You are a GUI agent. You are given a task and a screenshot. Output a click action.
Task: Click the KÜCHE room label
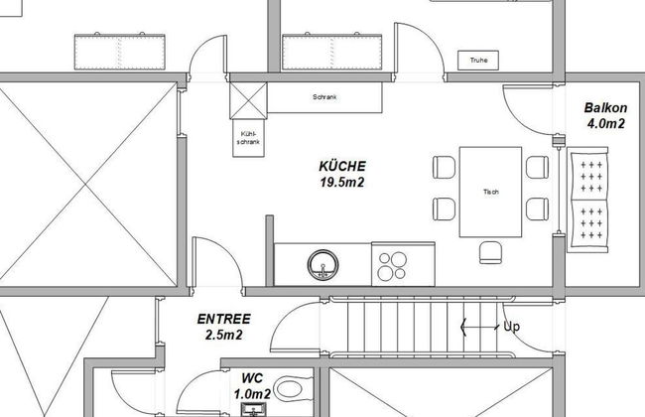342,166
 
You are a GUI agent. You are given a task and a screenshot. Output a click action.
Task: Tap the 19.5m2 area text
342,182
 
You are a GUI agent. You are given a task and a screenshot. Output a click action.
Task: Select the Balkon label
605,108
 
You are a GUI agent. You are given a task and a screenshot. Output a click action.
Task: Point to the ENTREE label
224,319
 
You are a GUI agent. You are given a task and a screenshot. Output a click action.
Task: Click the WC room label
252,378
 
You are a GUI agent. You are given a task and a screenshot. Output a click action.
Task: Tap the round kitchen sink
322,265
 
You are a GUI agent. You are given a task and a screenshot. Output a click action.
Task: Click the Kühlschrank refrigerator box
248,138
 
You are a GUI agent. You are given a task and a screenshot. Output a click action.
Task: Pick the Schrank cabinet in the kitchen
324,97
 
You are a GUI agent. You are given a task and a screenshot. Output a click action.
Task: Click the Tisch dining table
490,192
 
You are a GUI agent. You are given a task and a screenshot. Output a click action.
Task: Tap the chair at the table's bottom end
490,252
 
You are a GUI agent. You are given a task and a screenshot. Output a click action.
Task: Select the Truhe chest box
478,61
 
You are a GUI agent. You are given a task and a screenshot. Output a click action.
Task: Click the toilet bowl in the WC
289,388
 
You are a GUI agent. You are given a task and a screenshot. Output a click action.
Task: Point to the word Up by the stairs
512,327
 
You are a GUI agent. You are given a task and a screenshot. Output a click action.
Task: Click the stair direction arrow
479,328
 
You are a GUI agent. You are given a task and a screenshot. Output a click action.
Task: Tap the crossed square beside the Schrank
248,100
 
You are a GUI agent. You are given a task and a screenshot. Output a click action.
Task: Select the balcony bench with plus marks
587,201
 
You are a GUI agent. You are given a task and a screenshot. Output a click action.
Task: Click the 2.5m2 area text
224,335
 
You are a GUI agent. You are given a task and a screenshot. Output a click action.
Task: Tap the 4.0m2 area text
606,123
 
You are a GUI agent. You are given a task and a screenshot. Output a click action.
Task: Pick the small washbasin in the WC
253,410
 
